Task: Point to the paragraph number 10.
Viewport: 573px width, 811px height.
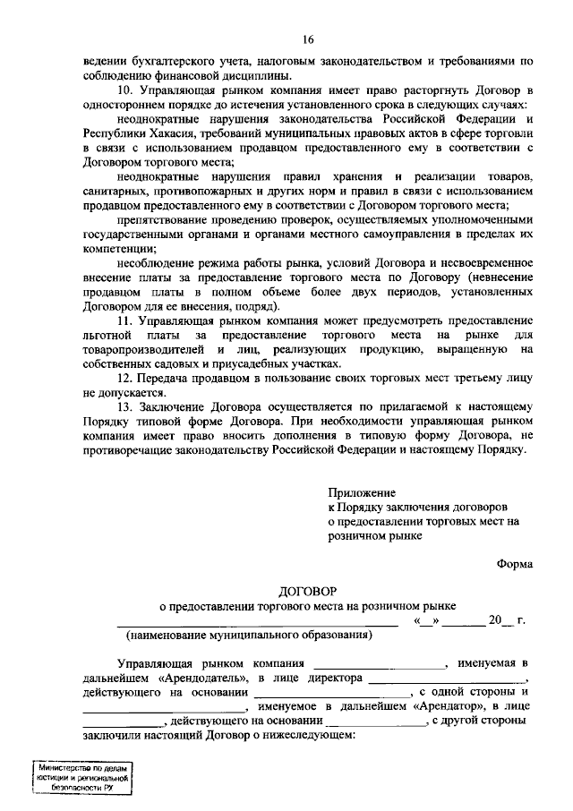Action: click(x=126, y=92)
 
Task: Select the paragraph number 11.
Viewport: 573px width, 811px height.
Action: click(x=126, y=320)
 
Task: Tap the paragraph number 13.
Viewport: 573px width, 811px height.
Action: click(x=126, y=405)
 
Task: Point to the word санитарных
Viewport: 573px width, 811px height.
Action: click(x=116, y=191)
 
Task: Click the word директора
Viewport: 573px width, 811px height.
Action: click(x=333, y=678)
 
